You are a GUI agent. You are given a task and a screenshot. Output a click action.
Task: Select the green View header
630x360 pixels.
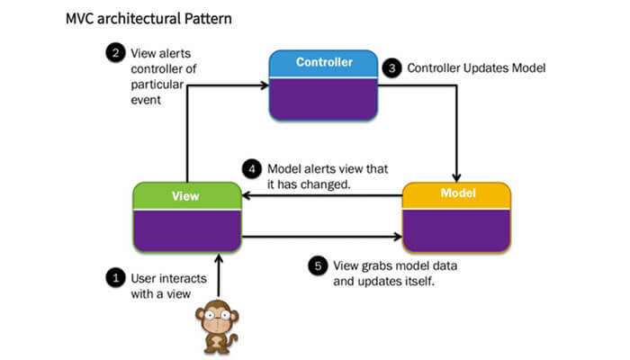tap(186, 194)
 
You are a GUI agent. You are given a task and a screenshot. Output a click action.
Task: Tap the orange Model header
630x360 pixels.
tap(456, 194)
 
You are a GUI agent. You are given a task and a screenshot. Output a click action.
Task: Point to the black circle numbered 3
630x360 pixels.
tap(391, 67)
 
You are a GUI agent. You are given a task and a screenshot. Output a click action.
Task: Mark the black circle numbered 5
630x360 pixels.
tap(316, 265)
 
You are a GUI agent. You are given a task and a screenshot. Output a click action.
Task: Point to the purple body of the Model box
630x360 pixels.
tap(456, 229)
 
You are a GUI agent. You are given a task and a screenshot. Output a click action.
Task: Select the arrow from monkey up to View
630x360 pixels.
tap(216, 274)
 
